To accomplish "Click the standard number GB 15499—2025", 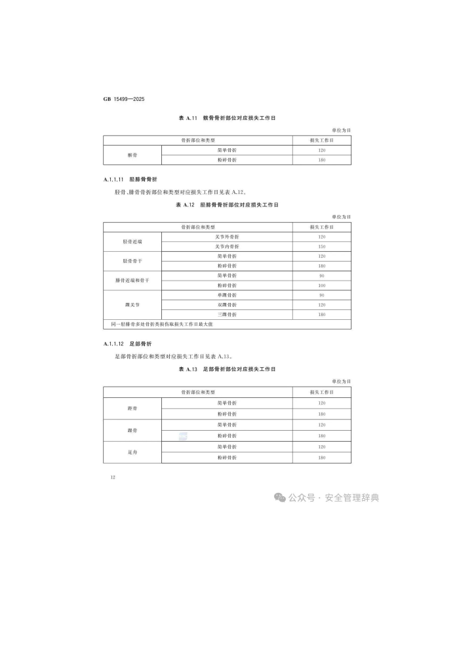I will pos(123,99).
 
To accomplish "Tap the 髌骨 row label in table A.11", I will pos(132,155).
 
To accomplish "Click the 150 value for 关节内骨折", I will pos(321,246).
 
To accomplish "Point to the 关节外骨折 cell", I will pos(227,237).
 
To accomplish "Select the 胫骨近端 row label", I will pos(132,241).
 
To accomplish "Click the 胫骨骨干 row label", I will pos(132,261).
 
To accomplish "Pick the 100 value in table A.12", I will pos(321,285).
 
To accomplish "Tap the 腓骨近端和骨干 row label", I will pos(132,281).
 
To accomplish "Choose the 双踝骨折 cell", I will pos(227,305).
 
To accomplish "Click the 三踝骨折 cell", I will pos(227,315).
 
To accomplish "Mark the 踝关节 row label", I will pos(132,305).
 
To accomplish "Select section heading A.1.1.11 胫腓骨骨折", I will pos(130,179).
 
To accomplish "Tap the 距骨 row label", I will pos(132,408).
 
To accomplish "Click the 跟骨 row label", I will pos(132,430).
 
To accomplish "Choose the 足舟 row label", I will pos(132,452).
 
